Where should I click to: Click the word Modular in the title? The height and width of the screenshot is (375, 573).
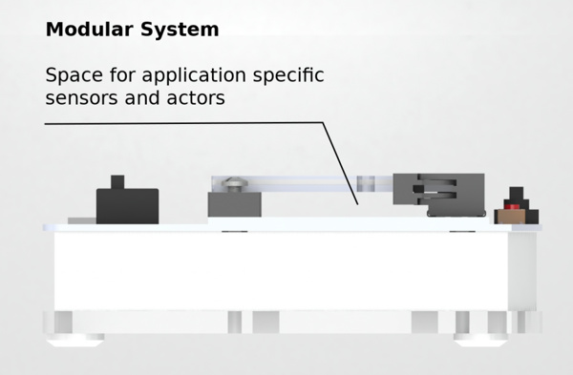[91, 30]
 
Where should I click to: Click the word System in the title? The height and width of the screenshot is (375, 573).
[180, 30]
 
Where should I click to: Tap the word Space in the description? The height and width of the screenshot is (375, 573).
[74, 76]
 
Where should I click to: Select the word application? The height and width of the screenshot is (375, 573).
[194, 76]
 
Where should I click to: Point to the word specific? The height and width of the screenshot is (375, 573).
[288, 76]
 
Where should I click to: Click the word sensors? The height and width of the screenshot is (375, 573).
[76, 98]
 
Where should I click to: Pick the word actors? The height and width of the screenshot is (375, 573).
[196, 98]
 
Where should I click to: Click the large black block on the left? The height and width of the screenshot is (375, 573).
[128, 206]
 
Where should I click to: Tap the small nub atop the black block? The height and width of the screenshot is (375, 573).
[117, 182]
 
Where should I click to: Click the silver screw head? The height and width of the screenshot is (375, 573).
[234, 184]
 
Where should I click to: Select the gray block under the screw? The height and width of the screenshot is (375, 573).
[235, 204]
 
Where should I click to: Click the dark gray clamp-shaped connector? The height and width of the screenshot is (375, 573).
[439, 195]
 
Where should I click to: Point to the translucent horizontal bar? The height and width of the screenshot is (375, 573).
[302, 183]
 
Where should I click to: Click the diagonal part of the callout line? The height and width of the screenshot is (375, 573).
[340, 163]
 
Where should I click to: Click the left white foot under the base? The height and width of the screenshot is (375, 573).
[75, 340]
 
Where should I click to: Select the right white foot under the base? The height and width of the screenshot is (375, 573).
[480, 340]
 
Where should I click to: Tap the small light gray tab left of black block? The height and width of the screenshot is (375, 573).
[82, 221]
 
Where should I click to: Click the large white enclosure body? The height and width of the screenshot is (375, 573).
[282, 271]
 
